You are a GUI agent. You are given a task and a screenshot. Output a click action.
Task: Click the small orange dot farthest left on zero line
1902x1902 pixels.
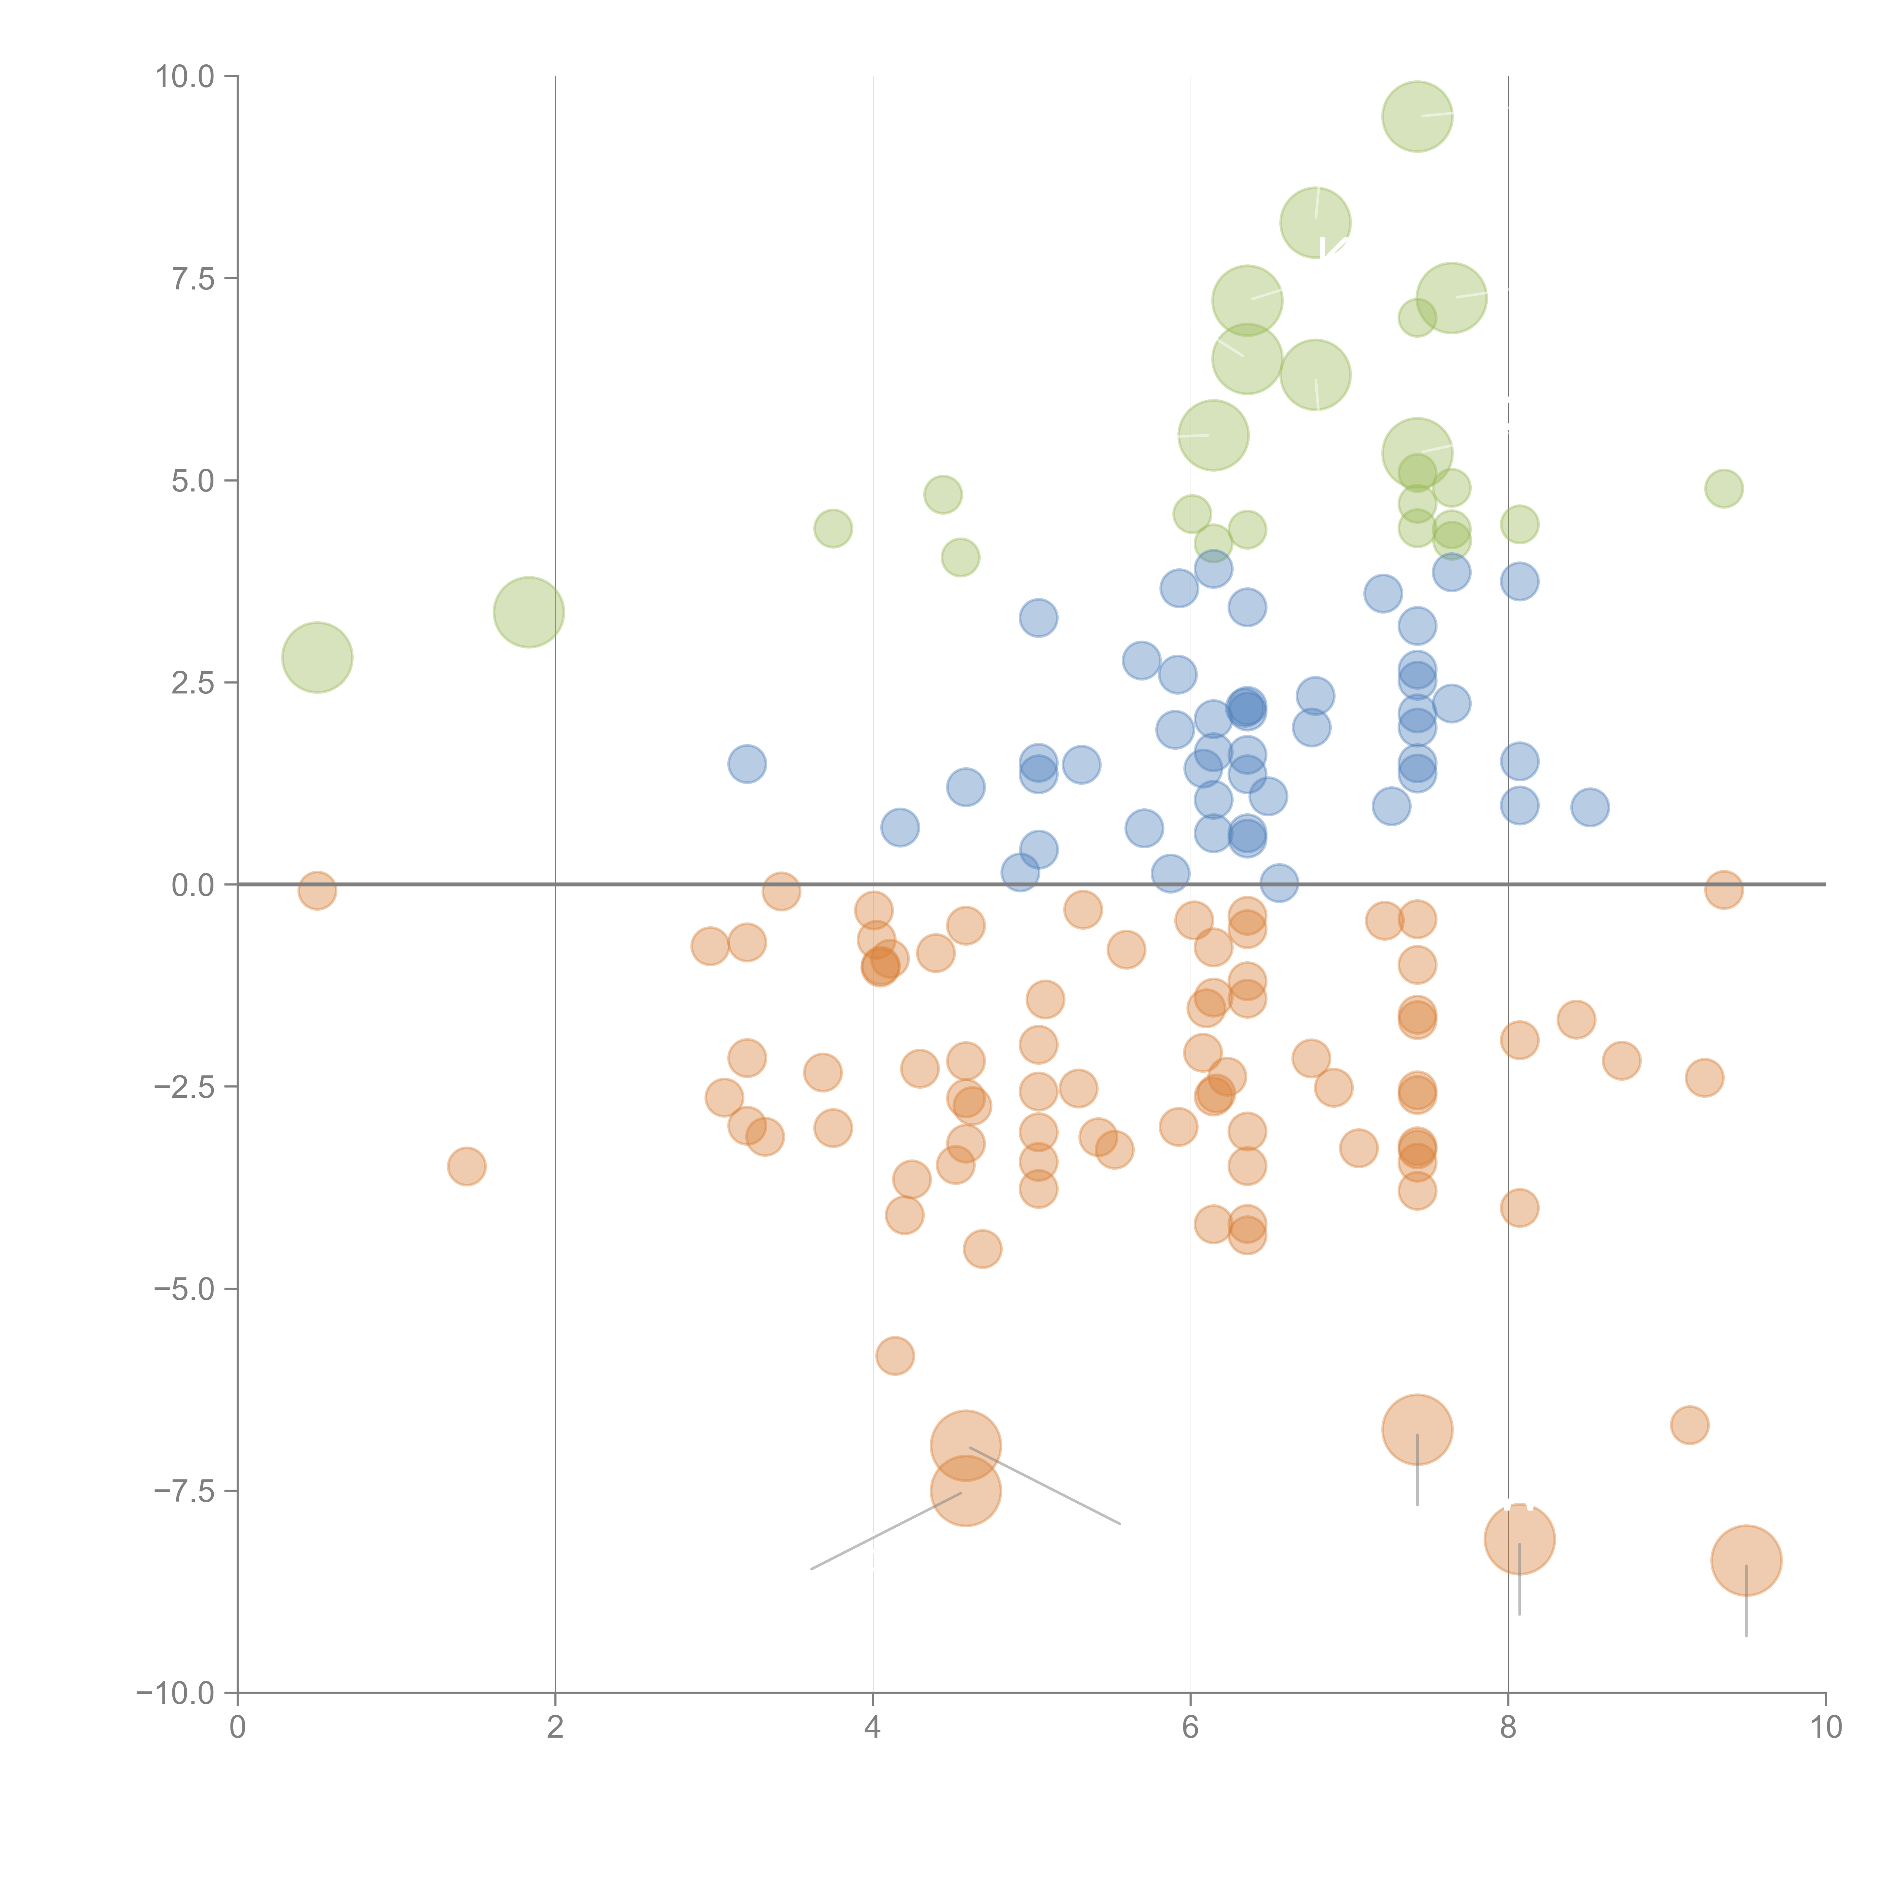[317, 890]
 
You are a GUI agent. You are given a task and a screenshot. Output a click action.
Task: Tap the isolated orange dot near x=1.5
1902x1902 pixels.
[467, 1167]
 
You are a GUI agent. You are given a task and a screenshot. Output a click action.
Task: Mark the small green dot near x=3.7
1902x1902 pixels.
[833, 529]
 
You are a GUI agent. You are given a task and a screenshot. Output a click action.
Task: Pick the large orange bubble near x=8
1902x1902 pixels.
[1519, 1539]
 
